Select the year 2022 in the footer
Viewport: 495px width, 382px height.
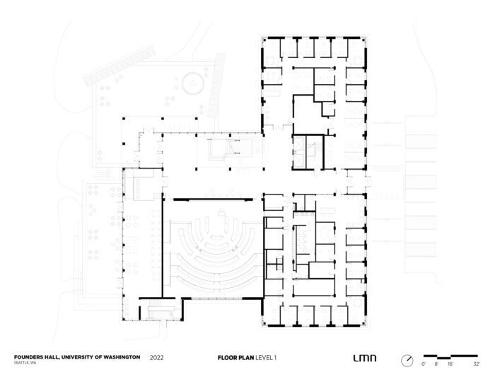tap(158, 358)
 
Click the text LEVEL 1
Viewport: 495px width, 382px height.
tap(267, 358)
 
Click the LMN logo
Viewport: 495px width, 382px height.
tap(365, 359)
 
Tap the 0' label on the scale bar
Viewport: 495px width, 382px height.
tap(423, 364)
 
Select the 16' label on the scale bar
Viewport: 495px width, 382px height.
tap(450, 364)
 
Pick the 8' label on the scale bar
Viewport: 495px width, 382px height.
tap(436, 364)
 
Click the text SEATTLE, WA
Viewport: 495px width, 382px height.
tap(25, 364)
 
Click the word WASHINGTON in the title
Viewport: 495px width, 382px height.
tap(121, 357)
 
